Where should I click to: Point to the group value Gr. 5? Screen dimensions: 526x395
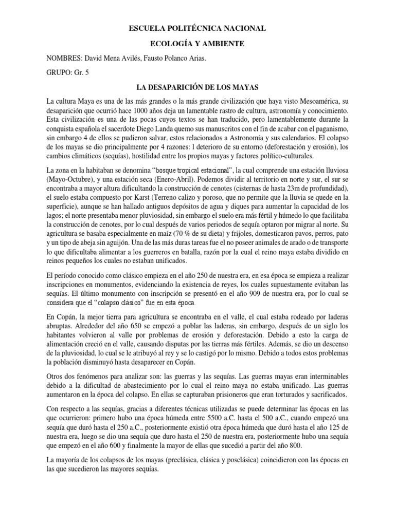pyautogui.click(x=81, y=73)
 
